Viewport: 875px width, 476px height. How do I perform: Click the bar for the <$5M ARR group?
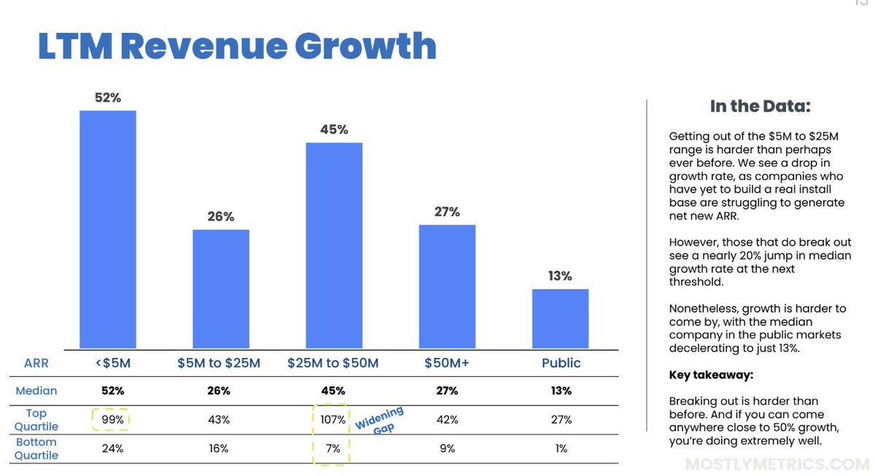107,229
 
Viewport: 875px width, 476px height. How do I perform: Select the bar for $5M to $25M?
220,289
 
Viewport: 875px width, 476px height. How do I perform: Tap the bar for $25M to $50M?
333,245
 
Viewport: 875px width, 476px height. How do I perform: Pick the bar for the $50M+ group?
447,286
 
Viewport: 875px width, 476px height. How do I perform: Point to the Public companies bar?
560,319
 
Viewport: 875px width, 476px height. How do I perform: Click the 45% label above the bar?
334,130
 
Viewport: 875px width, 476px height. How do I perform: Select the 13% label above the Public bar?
560,276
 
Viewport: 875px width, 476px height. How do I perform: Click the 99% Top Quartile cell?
112,420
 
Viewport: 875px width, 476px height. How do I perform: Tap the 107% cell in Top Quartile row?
332,420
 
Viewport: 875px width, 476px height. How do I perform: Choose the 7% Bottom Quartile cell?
332,448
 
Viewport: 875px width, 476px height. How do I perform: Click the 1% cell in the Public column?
560,448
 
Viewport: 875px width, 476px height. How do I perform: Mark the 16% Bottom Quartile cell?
219,448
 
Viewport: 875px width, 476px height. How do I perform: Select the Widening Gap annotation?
379,421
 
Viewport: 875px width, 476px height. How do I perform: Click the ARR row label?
36,362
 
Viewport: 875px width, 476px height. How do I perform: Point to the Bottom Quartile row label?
36,448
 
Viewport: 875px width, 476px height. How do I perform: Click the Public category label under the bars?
561,362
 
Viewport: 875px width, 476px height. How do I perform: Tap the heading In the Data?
760,107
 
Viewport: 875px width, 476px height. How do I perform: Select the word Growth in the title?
365,45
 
